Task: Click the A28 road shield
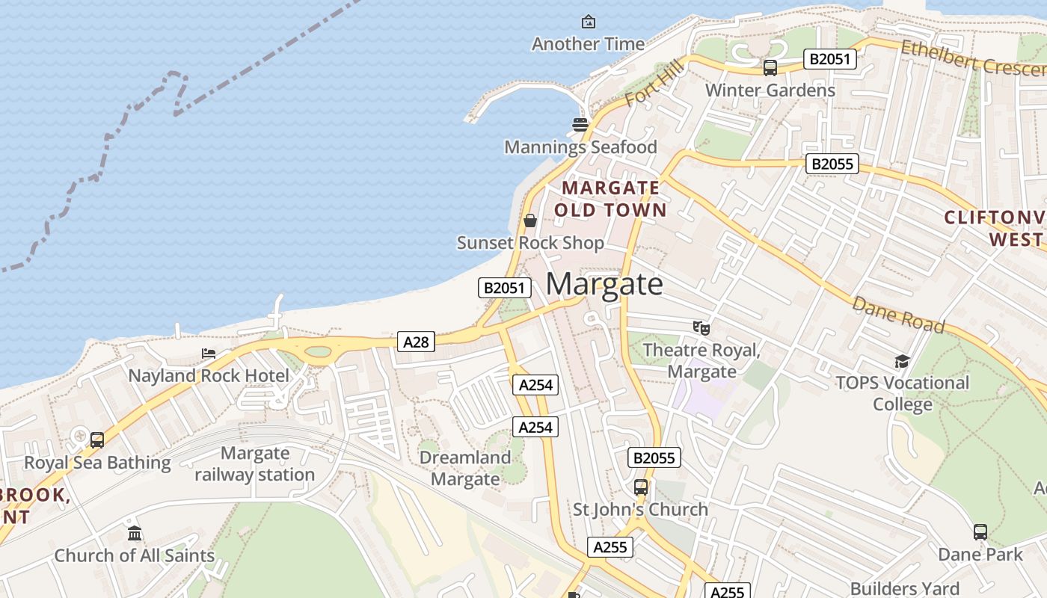[x=416, y=342]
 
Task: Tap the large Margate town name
[x=604, y=284]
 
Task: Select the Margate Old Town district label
[x=610, y=199]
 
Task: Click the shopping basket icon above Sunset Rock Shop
[x=530, y=221]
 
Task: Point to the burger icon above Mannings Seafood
[x=580, y=125]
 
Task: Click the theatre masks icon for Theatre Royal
[x=701, y=327]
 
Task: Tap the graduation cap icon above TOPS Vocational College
[x=902, y=362]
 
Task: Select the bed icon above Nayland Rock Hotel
[x=209, y=354]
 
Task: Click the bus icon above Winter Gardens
[x=770, y=68]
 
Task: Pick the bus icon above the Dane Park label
[x=980, y=532]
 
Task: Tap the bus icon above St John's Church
[x=640, y=487]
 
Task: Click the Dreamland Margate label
[x=464, y=469]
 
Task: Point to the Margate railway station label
[x=255, y=464]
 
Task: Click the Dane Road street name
[x=898, y=315]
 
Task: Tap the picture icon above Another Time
[x=588, y=22]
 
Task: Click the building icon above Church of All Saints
[x=135, y=533]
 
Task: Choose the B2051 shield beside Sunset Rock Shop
[x=505, y=288]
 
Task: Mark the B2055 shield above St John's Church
[x=654, y=457]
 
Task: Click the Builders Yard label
[x=904, y=589]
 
